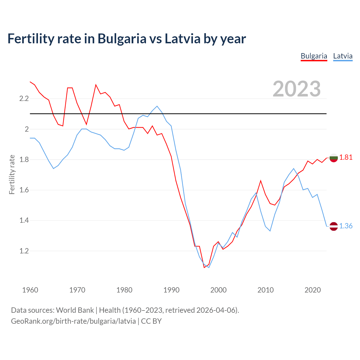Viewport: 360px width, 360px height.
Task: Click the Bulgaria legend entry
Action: pos(314,56)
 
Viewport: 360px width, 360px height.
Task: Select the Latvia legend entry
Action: pos(343,56)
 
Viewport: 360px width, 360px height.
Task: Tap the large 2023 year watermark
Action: pos(297,89)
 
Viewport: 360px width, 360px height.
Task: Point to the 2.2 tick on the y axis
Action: pos(24,99)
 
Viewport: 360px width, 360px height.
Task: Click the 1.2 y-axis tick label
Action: pos(24,251)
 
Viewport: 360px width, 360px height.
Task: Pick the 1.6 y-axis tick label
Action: pos(24,190)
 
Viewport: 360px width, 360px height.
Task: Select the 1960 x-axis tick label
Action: pos(30,290)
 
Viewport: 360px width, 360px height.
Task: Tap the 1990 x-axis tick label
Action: pos(171,290)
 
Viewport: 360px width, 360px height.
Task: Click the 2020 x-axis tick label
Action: pos(312,290)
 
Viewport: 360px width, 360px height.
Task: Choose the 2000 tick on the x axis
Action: pos(218,290)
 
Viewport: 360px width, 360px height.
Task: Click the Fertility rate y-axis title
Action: pos(12,174)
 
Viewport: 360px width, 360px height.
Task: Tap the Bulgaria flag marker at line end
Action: pos(334,158)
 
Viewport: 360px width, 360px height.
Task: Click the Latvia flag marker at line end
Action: pos(334,226)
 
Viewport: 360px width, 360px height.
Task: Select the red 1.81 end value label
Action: pos(346,157)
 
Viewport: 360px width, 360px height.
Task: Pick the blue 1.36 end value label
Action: pos(346,226)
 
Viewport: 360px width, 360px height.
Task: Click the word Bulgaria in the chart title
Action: pos(122,39)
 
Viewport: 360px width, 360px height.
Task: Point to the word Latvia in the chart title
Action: pos(183,39)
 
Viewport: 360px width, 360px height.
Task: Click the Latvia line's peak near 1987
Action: pos(157,106)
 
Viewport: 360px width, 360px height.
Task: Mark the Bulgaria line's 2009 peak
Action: pos(261,181)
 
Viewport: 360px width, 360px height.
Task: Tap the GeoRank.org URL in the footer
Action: pos(73,321)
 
